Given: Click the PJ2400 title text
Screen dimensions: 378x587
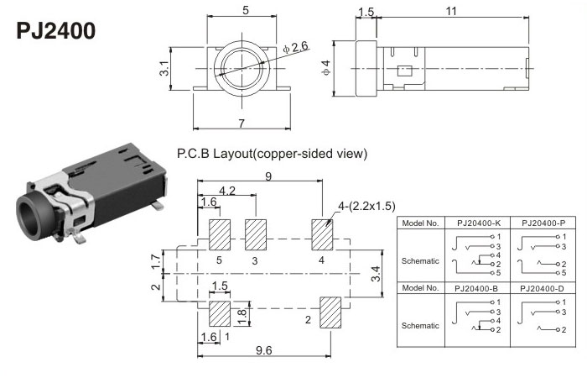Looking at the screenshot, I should click(55, 32).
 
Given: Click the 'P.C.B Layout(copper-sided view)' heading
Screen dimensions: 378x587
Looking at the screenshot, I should click(272, 154).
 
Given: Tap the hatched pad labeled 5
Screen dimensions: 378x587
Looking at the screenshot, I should click(220, 233).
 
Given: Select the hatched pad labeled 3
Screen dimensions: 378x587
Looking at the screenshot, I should click(255, 233).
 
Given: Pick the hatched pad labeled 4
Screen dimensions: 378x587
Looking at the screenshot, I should click(322, 233).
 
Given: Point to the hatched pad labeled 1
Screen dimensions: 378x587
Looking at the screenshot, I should click(220, 313).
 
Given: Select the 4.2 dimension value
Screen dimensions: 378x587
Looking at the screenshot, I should click(227, 191).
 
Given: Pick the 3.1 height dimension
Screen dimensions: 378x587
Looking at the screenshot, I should click(165, 66).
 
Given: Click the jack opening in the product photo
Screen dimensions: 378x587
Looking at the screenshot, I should click(32, 213).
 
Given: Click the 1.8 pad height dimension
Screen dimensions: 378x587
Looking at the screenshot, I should click(242, 315).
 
